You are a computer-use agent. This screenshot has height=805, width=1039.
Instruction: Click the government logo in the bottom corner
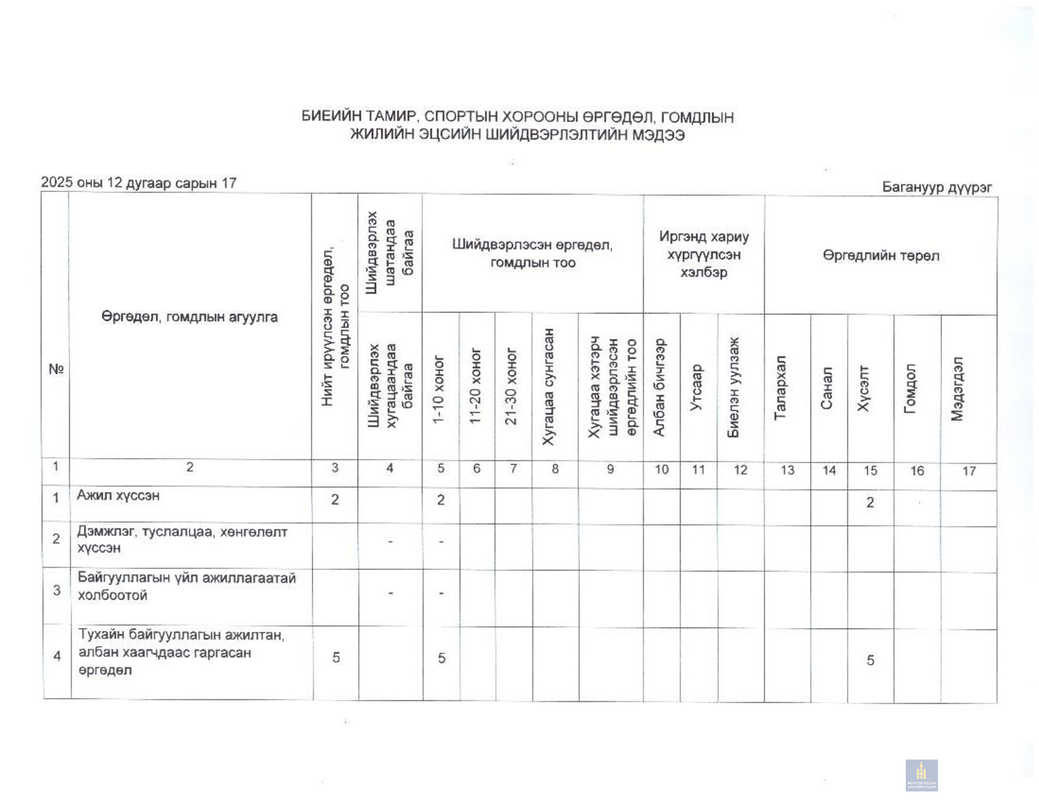pyautogui.click(x=921, y=775)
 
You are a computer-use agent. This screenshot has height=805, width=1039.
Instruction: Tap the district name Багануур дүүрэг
pyautogui.click(x=937, y=187)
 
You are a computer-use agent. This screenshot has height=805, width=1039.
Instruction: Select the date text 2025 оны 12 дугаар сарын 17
pyautogui.click(x=139, y=183)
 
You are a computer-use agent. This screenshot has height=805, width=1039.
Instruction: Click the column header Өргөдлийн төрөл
pyautogui.click(x=881, y=256)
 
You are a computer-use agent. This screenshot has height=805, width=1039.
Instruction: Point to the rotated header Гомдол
pyautogui.click(x=910, y=388)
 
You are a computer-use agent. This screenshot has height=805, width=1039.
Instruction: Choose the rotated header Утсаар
pyautogui.click(x=697, y=388)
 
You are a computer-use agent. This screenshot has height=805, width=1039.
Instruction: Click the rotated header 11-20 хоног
pyautogui.click(x=475, y=386)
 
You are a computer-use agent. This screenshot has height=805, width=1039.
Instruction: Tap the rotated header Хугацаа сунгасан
pyautogui.click(x=549, y=387)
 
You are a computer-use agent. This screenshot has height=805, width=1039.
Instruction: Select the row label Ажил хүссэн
pyautogui.click(x=118, y=496)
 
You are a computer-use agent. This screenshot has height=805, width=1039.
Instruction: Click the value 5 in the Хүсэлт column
pyautogui.click(x=870, y=660)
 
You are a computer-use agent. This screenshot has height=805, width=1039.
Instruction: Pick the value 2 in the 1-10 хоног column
pyautogui.click(x=441, y=500)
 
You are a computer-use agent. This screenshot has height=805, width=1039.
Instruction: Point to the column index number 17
pyautogui.click(x=969, y=471)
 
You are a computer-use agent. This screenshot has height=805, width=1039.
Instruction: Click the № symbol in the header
pyautogui.click(x=56, y=369)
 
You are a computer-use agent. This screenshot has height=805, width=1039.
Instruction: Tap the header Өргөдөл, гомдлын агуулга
pyautogui.click(x=190, y=317)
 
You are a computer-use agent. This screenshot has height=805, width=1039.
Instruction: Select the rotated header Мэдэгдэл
pyautogui.click(x=958, y=388)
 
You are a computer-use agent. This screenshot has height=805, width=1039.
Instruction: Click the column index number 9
pyautogui.click(x=610, y=469)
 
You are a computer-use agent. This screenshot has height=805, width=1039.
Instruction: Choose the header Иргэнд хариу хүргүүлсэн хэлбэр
pyautogui.click(x=704, y=254)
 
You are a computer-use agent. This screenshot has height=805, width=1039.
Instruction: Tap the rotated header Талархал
pyautogui.click(x=780, y=388)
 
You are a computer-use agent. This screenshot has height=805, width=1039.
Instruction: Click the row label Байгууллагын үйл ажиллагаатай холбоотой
pyautogui.click(x=186, y=586)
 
